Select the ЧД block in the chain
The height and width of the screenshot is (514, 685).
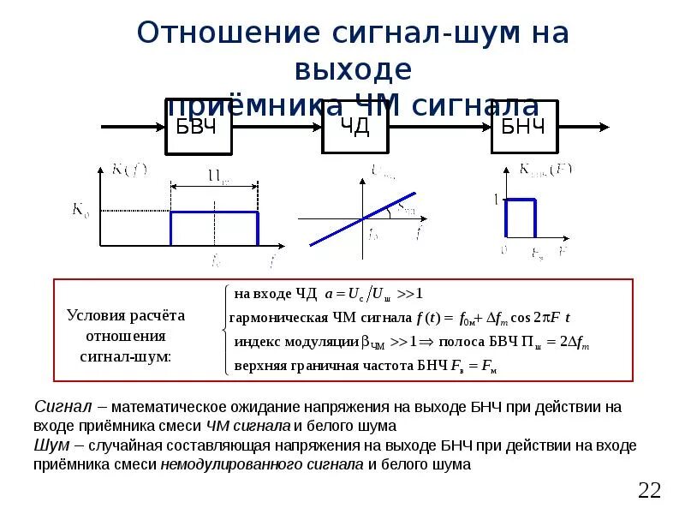pyautogui.click(x=357, y=127)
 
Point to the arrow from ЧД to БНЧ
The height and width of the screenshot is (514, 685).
pyautogui.click(x=442, y=128)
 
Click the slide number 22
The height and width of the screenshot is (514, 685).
pyautogui.click(x=650, y=490)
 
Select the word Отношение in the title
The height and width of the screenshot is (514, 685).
pyautogui.click(x=228, y=34)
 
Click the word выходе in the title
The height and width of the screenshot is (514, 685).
pyautogui.click(x=352, y=69)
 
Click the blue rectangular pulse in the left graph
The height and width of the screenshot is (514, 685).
pyautogui.click(x=214, y=212)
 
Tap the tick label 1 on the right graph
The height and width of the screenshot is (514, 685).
pyautogui.click(x=495, y=200)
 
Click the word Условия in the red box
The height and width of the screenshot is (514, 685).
pyautogui.click(x=95, y=316)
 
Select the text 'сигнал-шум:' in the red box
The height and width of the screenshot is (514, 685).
pyautogui.click(x=125, y=356)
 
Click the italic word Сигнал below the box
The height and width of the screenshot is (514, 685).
pyautogui.click(x=57, y=408)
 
